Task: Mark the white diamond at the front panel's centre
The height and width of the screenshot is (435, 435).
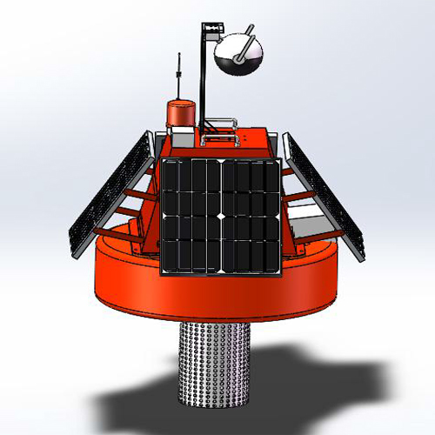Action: tap(221, 215)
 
